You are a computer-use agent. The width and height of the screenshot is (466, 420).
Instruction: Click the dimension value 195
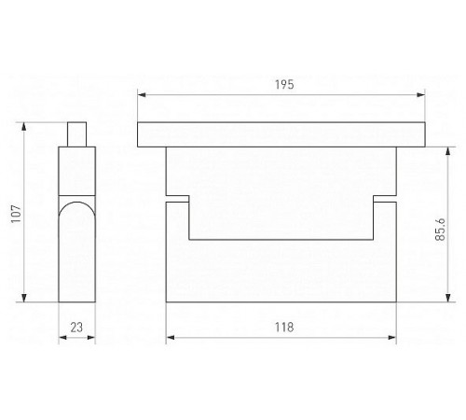284,85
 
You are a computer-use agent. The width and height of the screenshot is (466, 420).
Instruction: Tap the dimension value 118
284,328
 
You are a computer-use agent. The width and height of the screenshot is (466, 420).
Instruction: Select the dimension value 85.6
440,230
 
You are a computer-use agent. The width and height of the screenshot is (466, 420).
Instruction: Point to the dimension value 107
16,214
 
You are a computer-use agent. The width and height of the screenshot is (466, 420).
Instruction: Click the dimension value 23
76,328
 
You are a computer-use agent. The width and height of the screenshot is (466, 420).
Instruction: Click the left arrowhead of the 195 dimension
142,94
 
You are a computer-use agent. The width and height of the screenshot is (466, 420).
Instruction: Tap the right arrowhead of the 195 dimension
421,94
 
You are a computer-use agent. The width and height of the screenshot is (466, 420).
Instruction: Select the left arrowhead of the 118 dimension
171,338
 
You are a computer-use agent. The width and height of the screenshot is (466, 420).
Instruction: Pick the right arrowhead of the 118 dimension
392,338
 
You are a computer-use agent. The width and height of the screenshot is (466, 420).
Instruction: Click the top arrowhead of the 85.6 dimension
448,151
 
